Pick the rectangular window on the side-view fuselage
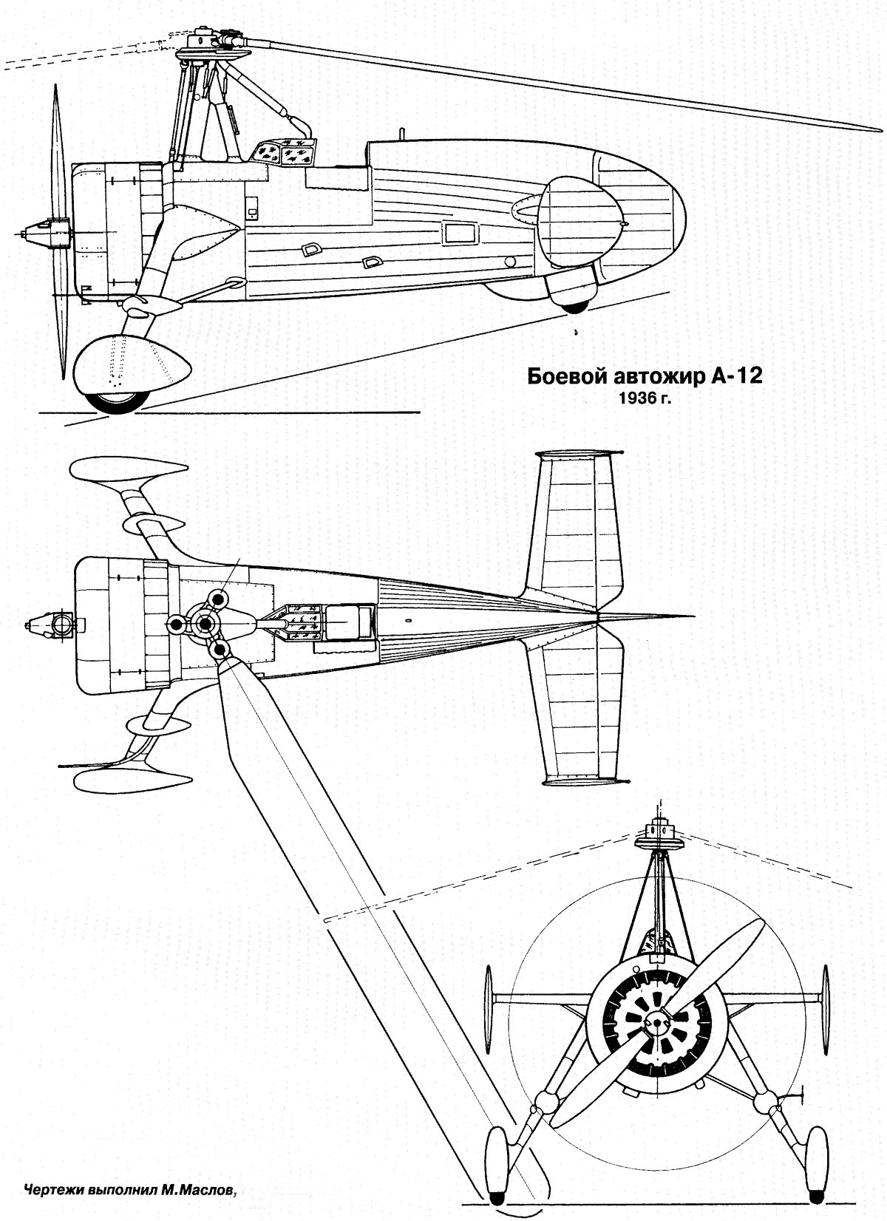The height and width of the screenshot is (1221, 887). click(x=459, y=233)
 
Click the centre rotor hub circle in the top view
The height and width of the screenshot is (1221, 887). click(x=205, y=624)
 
